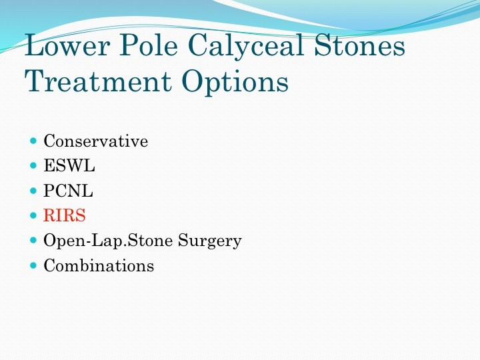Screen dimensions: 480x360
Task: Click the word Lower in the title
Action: point(67,45)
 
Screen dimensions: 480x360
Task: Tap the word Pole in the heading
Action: point(149,45)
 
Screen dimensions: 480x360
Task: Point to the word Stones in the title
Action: point(360,45)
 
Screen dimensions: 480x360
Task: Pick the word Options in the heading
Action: point(235,83)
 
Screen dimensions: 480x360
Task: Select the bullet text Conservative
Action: point(96,141)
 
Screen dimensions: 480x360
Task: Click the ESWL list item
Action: point(69,165)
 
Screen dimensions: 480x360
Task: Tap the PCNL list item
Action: point(68,191)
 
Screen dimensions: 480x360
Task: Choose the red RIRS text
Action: point(65,215)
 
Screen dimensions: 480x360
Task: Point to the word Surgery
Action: point(210,242)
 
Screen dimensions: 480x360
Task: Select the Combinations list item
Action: point(99,265)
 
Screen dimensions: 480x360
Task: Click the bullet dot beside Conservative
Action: point(33,141)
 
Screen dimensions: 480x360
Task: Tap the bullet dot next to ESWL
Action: point(33,165)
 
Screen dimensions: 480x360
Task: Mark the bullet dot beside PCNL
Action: point(33,191)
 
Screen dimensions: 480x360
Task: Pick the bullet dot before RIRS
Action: point(33,215)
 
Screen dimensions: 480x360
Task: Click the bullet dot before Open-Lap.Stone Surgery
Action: point(33,240)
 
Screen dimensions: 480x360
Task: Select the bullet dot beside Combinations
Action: point(33,265)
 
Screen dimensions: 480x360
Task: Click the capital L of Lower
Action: point(35,45)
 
